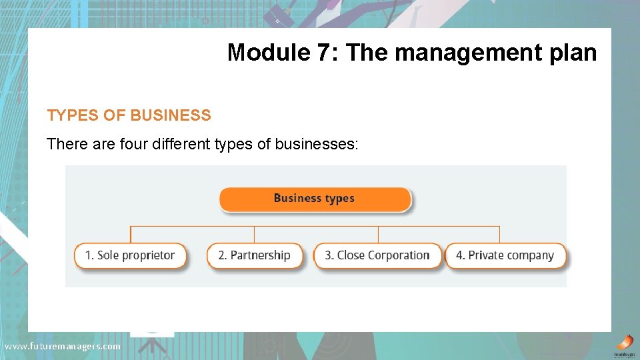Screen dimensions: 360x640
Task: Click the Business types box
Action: click(315, 199)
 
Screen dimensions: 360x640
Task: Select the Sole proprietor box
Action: click(130, 255)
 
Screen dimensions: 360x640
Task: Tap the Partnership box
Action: click(255, 255)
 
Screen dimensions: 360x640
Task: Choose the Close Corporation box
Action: click(377, 255)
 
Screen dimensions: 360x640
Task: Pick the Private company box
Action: click(505, 255)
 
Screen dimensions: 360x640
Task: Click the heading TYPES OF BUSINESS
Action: click(129, 115)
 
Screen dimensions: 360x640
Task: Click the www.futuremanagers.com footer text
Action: click(63, 346)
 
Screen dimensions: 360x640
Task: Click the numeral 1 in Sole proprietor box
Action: click(89, 255)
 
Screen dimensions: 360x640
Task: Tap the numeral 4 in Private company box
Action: click(459, 255)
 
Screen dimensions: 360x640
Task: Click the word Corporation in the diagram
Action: click(398, 255)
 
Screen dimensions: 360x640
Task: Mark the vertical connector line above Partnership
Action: click(254, 234)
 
